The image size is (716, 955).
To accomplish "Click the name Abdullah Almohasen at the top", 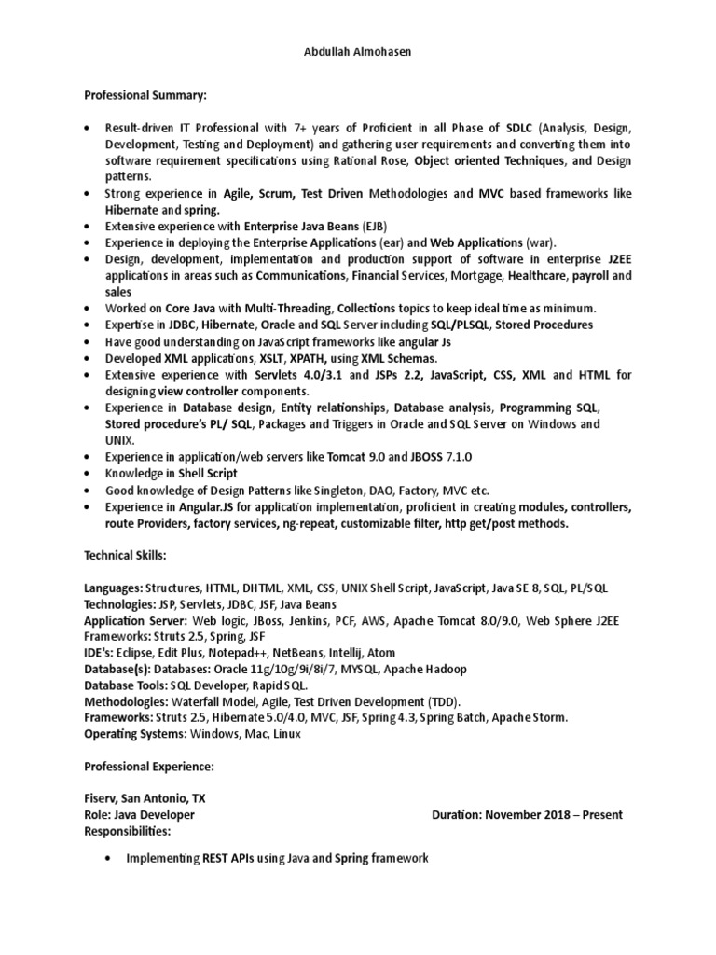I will (x=358, y=52).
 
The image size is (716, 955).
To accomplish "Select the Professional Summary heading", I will (x=146, y=95).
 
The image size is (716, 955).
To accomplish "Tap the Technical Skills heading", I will (x=125, y=555).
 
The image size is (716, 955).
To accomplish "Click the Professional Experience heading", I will (x=149, y=766).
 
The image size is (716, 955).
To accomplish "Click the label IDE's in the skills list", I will (x=98, y=653).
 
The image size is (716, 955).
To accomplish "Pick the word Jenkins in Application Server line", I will (x=307, y=620).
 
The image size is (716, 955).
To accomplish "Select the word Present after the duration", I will (x=598, y=814).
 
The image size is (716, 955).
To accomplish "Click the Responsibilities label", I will (x=127, y=830).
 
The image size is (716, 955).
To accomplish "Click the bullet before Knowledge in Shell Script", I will (x=88, y=474).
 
